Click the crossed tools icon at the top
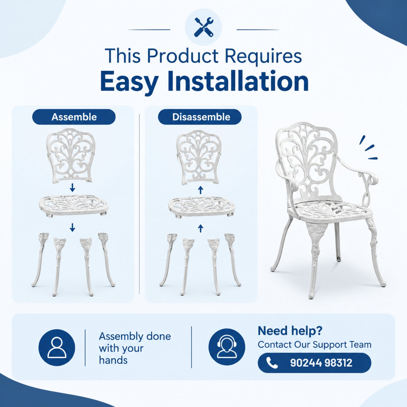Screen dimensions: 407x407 pyautogui.click(x=203, y=27)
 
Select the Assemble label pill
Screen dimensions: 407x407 pyautogui.click(x=74, y=117)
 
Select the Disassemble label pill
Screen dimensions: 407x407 pyautogui.click(x=199, y=117)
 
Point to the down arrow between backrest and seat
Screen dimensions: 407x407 pyautogui.click(x=73, y=188)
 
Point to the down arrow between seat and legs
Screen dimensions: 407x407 pyautogui.click(x=73, y=227)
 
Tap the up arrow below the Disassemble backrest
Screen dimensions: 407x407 pyautogui.click(x=201, y=190)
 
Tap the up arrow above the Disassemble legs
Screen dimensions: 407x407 pyautogui.click(x=201, y=228)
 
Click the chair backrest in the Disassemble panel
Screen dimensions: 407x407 pyautogui.click(x=199, y=158)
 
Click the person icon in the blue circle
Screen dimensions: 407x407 pyautogui.click(x=57, y=348)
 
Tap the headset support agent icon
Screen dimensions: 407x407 pyautogui.click(x=227, y=347)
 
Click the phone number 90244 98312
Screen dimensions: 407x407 pyautogui.click(x=321, y=363)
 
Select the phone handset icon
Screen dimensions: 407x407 pyautogui.click(x=272, y=363)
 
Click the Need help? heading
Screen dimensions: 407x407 pyautogui.click(x=290, y=331)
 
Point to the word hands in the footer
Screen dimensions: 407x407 pyautogui.click(x=113, y=360)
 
